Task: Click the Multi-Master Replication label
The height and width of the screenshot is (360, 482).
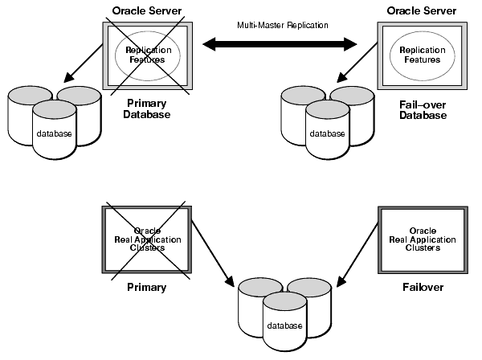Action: (x=282, y=25)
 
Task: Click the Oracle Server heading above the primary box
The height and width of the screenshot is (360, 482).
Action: (x=147, y=10)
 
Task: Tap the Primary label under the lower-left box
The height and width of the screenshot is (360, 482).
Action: (x=146, y=287)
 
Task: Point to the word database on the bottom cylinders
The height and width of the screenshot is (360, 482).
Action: (x=285, y=325)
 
